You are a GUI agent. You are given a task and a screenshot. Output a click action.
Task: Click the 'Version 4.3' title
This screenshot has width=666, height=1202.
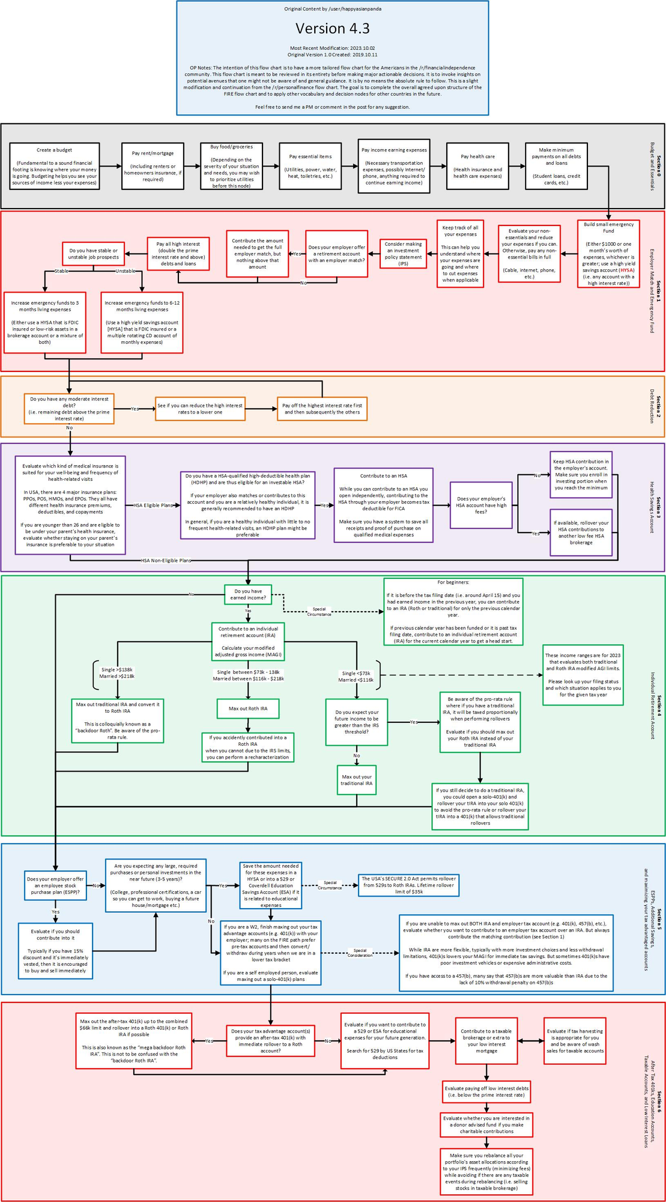pos(332,29)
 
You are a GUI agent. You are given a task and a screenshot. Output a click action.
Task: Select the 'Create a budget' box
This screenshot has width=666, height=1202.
pos(55,166)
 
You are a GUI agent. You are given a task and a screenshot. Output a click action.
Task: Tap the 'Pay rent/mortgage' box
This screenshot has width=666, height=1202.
pos(153,166)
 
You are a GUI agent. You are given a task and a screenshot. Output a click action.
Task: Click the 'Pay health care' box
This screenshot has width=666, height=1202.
pos(477,166)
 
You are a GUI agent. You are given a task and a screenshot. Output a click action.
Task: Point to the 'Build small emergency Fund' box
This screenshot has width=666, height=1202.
pos(608,253)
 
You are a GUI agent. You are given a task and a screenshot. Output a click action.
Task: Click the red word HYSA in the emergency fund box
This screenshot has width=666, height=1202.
pos(626,270)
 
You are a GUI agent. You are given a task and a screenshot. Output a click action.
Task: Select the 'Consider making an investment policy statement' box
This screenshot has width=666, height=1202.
pos(403,254)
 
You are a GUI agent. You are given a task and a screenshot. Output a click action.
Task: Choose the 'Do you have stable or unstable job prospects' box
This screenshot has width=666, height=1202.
pos(94,254)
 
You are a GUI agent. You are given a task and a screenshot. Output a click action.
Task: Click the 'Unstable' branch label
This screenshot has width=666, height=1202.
pos(126,271)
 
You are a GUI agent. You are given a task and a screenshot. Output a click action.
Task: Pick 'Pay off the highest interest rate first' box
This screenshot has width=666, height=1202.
pos(322,409)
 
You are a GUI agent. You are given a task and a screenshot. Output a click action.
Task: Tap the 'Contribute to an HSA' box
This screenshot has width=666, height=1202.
pos(383,505)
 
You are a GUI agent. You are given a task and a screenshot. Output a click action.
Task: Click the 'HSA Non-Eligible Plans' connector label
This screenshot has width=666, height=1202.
pos(166,560)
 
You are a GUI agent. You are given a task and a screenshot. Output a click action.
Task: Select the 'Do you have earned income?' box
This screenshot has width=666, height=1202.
pos(248,594)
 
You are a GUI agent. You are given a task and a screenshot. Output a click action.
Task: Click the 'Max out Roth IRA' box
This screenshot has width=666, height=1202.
pos(248,709)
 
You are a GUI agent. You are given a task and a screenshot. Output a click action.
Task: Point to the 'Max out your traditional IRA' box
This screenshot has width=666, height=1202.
pos(356,780)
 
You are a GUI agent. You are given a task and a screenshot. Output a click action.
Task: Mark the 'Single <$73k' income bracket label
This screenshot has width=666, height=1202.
pos(356,677)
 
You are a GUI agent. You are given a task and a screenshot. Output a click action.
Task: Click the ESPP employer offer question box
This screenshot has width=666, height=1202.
pos(55,885)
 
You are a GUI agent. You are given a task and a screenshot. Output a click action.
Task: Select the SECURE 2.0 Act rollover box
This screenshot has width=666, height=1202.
pos(408,885)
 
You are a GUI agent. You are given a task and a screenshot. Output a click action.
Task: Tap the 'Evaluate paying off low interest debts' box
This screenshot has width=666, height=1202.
pos(486,1091)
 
